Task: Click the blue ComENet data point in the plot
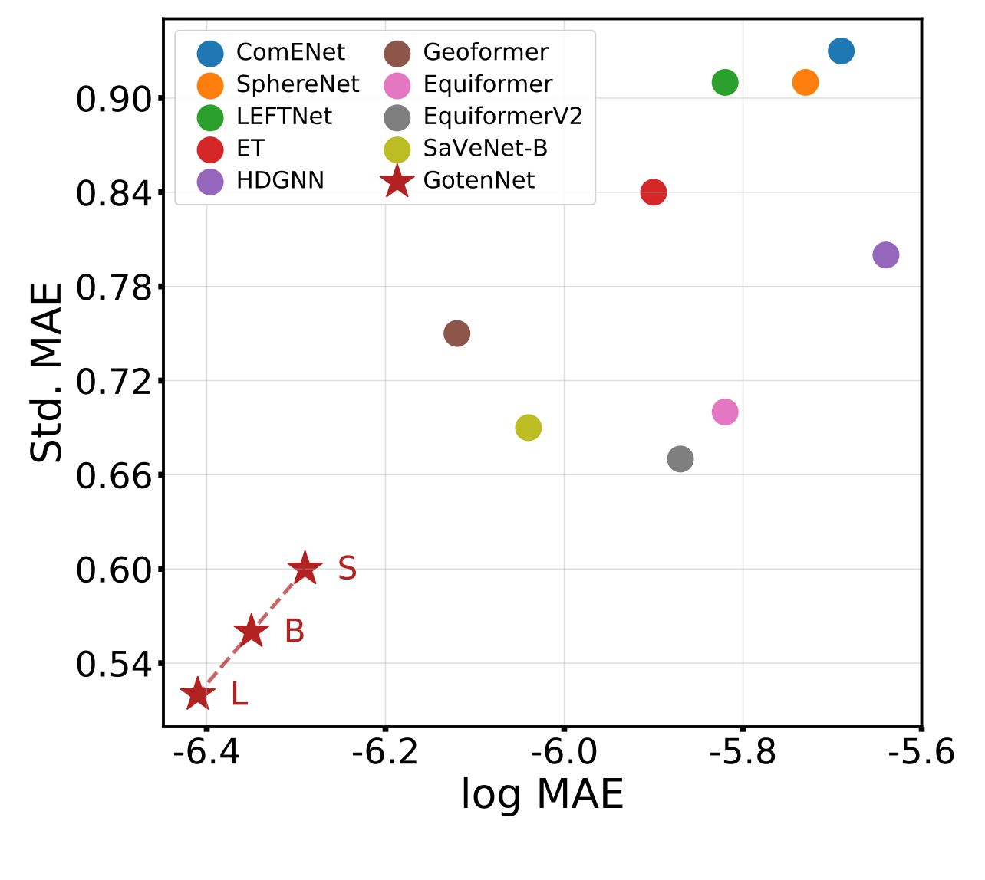coord(841,51)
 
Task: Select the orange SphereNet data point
coord(805,82)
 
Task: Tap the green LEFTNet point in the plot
coord(724,82)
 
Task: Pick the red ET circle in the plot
coord(653,192)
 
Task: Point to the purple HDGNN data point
coord(885,254)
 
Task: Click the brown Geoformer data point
coord(456,333)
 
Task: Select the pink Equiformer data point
coord(724,412)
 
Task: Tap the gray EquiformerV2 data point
coord(680,459)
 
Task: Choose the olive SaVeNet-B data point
coord(528,427)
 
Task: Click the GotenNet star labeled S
coord(305,569)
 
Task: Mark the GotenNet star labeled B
coord(251,632)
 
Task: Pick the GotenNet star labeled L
coord(197,694)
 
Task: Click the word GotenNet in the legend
coord(479,181)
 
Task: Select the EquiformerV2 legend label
coord(502,117)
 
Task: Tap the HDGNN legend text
coord(280,181)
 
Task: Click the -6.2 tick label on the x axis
coord(385,752)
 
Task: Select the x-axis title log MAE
coord(542,794)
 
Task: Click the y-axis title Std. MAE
coord(46,373)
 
